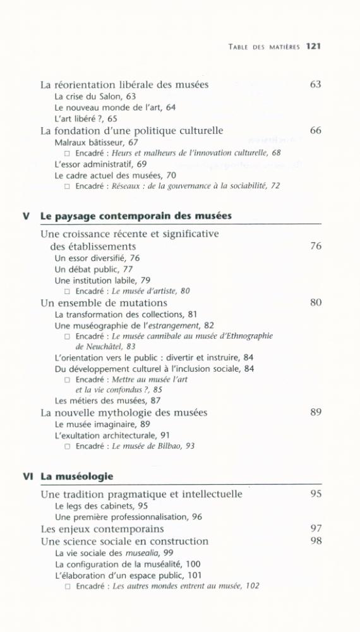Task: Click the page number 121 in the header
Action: pyautogui.click(x=314, y=46)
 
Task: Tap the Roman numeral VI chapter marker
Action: pyautogui.click(x=27, y=476)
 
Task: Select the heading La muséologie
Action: pyautogui.click(x=77, y=476)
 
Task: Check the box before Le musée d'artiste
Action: pyautogui.click(x=68, y=291)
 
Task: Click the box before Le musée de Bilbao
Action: pyautogui.click(x=68, y=446)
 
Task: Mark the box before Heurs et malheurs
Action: pyautogui.click(x=68, y=153)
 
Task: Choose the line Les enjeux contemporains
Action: pyautogui.click(x=102, y=529)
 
